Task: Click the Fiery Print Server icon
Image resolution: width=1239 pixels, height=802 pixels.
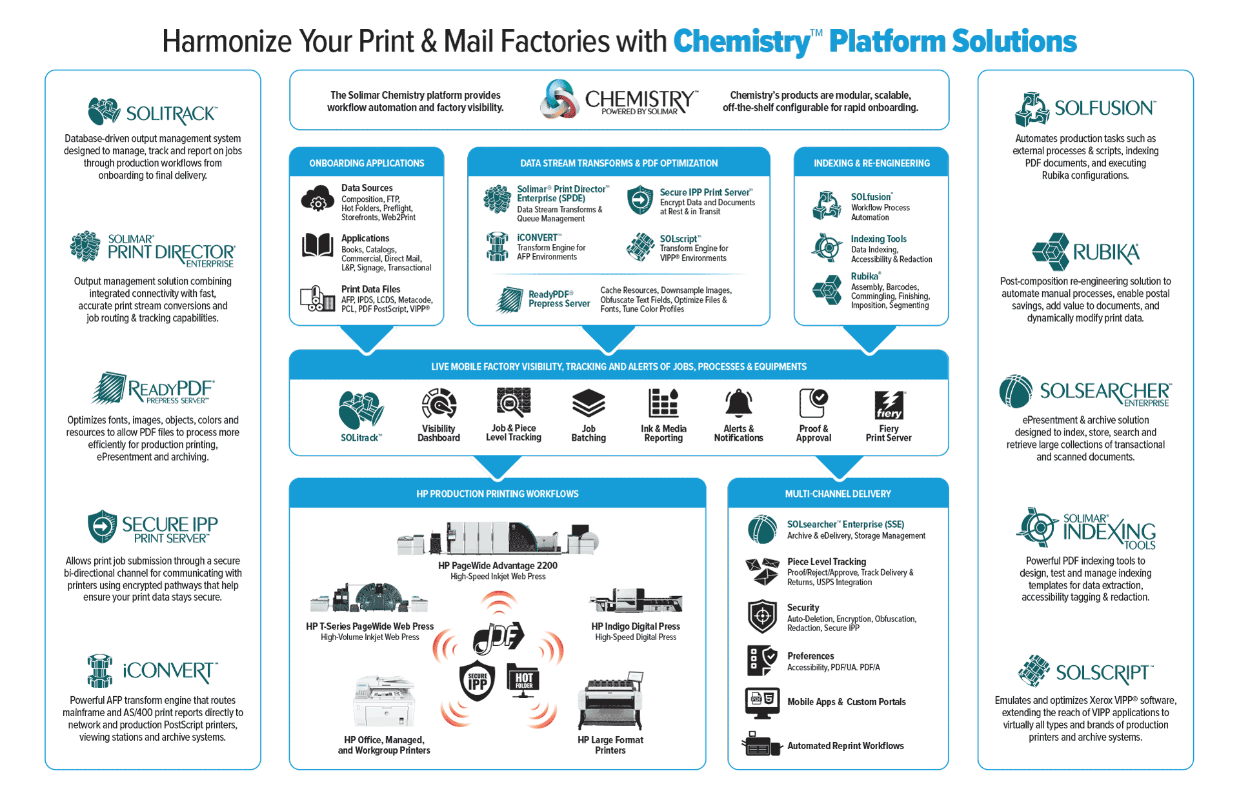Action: [889, 405]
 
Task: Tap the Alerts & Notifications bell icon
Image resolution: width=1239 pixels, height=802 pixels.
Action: [738, 403]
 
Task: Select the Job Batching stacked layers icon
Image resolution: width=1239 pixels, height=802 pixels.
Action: [589, 403]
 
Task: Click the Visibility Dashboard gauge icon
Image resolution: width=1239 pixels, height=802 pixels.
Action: [439, 404]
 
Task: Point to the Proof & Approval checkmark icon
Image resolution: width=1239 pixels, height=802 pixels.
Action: [813, 403]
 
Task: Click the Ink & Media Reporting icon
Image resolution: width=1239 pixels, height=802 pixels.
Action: [663, 403]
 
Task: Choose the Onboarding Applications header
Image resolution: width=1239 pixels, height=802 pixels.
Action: [367, 163]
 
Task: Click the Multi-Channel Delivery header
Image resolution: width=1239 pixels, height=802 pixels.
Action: [838, 494]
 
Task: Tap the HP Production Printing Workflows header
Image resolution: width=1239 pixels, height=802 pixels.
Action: [497, 494]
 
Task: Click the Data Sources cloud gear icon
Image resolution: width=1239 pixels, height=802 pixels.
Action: [317, 199]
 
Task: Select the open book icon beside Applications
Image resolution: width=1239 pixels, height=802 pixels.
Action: [317, 246]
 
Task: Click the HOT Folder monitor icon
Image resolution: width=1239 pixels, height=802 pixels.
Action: [523, 680]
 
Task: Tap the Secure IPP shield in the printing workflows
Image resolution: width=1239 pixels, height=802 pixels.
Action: [478, 681]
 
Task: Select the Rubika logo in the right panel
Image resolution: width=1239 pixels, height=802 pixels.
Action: [1085, 252]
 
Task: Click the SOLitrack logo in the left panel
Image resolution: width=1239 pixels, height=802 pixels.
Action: [152, 112]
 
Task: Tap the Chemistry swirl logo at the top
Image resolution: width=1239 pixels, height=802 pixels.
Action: [559, 99]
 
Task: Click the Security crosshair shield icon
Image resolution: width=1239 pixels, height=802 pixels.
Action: [762, 616]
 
